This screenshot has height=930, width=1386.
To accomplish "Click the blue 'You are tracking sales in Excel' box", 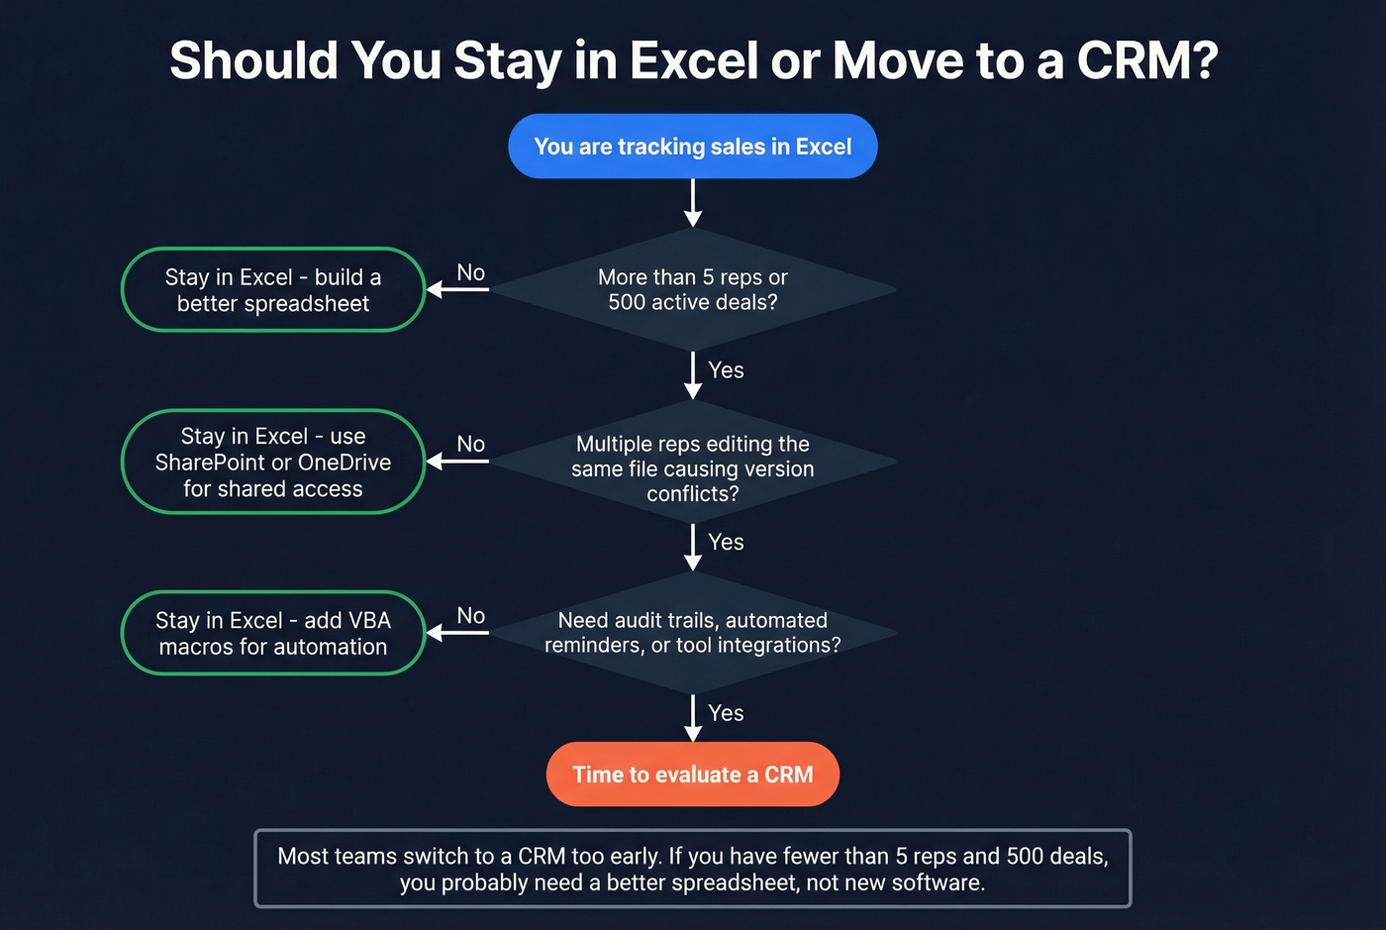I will (692, 147).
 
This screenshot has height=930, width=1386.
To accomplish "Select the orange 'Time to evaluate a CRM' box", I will (692, 775).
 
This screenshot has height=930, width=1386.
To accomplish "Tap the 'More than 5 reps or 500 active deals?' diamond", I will (692, 289).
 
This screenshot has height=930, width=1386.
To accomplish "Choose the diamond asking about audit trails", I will (692, 633).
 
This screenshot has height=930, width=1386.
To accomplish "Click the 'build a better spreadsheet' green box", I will (273, 290).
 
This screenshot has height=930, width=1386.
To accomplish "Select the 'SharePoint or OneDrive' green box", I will (273, 463).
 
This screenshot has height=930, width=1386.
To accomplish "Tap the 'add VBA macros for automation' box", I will (273, 634).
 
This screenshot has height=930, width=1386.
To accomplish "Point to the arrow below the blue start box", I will (693, 203).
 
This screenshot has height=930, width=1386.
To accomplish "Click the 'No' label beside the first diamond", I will (471, 272).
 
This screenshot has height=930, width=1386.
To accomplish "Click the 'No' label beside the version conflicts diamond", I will (471, 444).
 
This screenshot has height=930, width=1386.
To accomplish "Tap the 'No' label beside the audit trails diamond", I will (471, 615).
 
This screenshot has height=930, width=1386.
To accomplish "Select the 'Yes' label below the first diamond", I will (726, 370).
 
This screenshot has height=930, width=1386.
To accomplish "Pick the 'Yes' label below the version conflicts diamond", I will (726, 542).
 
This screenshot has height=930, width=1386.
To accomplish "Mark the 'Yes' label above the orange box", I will (726, 713).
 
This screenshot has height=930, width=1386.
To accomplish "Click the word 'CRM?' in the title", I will (1146, 61).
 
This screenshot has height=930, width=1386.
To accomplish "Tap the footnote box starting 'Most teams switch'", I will (692, 869).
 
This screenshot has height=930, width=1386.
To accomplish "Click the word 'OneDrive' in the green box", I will (345, 463).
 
